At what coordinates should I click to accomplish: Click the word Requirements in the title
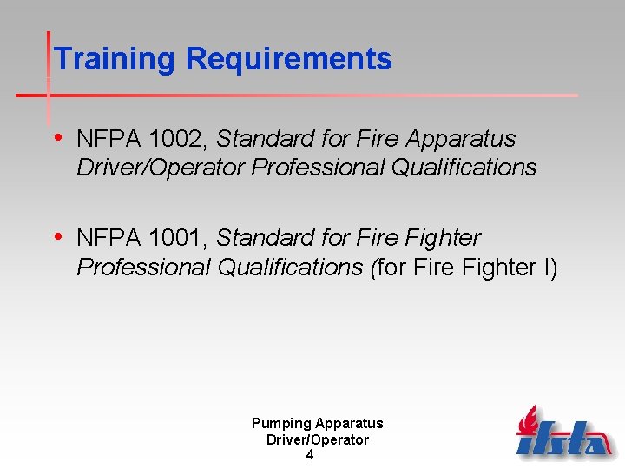[x=288, y=59]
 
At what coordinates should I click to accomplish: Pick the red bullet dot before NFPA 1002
[x=58, y=137]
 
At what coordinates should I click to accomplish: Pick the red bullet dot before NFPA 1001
[x=58, y=236]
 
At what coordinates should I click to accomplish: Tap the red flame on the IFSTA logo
[x=528, y=421]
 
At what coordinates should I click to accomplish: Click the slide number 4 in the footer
[x=310, y=454]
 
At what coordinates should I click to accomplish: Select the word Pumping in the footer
[x=281, y=424]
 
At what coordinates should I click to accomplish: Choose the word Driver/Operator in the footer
[x=317, y=439]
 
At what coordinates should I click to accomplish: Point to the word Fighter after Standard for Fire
[x=443, y=238]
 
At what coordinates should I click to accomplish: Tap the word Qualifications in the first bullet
[x=464, y=168]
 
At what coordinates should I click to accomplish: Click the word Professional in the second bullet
[x=144, y=268]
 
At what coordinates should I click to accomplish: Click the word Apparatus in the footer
[x=349, y=424]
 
